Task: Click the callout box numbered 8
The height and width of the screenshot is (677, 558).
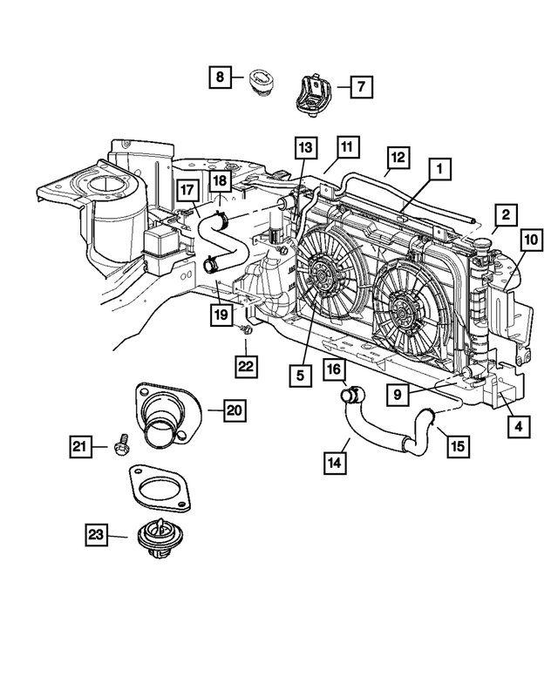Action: coord(220,78)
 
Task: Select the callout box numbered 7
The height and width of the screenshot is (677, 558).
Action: coord(361,85)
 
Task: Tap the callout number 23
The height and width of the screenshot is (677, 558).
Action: coord(97,534)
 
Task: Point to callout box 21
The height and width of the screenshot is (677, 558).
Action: coord(81,447)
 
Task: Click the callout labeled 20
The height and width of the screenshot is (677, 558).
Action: coord(233,410)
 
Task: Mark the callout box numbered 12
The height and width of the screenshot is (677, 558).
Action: coord(397,158)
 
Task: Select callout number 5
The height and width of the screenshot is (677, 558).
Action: coord(300,376)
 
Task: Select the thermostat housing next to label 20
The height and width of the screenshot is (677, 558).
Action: coord(166,416)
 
